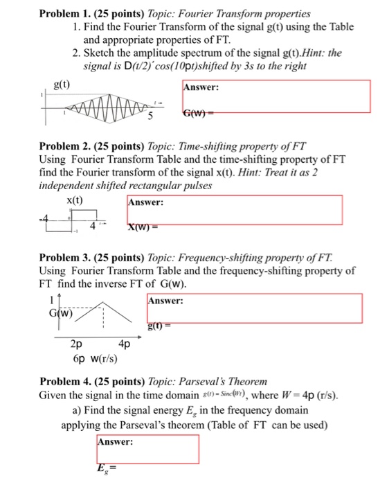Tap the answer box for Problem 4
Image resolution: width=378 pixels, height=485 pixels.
(x=147, y=449)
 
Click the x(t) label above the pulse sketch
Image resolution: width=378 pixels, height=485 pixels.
(x=75, y=200)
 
